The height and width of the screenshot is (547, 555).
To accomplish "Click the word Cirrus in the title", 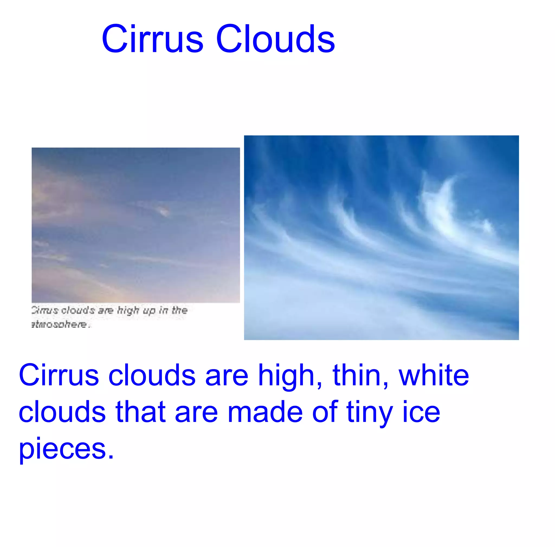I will click(153, 39).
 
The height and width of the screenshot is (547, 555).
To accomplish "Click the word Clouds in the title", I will click(275, 39).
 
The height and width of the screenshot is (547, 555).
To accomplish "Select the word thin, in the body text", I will click(360, 375).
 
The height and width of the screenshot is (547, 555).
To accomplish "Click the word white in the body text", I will click(434, 375).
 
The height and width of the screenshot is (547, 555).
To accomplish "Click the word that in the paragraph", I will click(141, 412).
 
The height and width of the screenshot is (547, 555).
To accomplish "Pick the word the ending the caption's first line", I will click(180, 310).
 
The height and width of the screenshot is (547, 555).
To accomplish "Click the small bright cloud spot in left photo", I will click(164, 212).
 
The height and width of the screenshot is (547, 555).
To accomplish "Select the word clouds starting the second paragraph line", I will click(62, 412).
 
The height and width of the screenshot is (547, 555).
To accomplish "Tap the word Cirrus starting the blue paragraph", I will click(59, 375).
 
